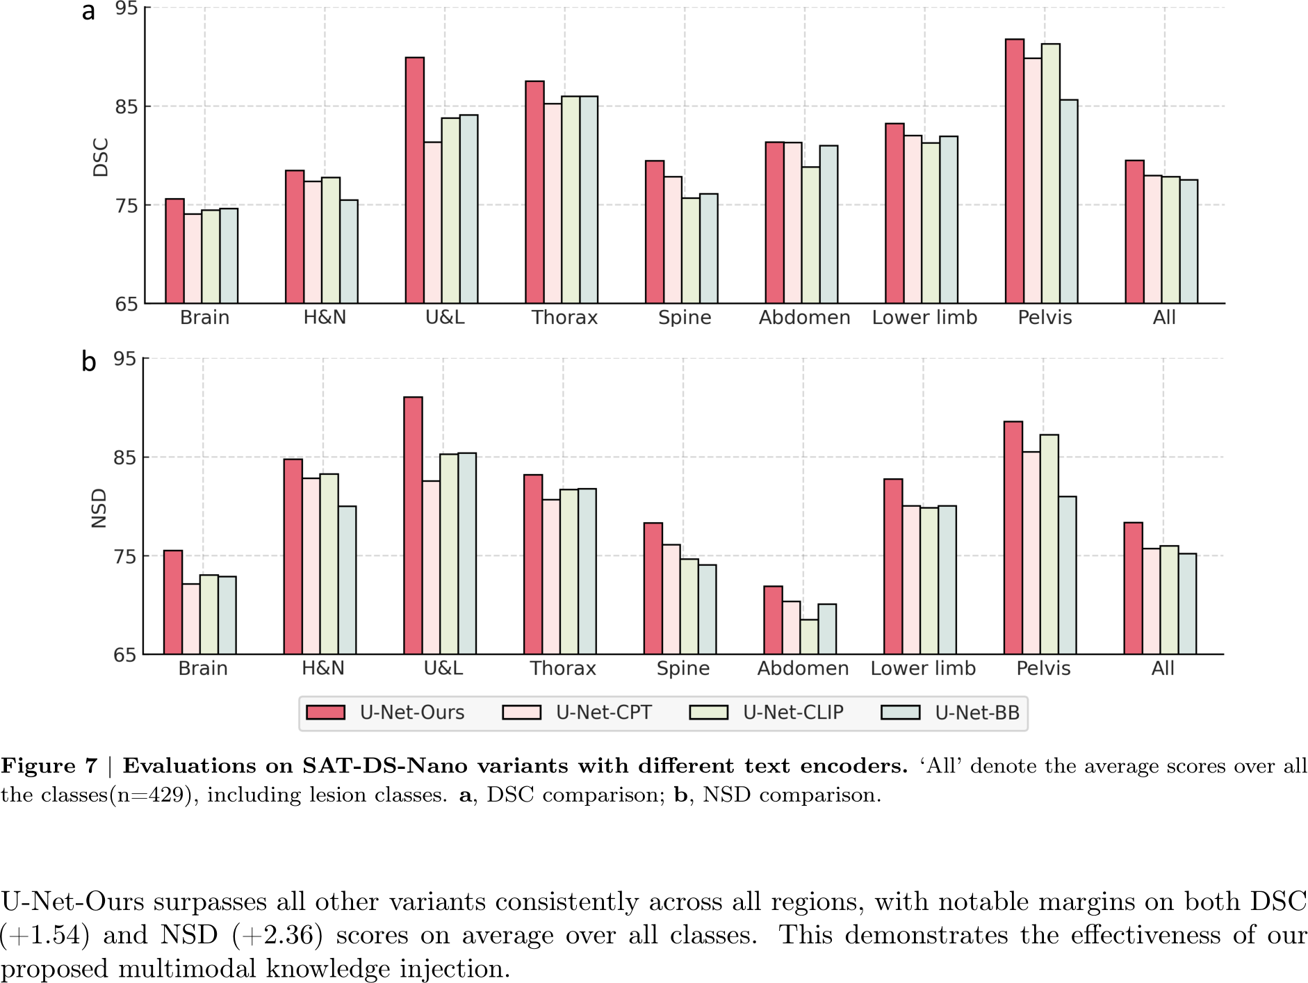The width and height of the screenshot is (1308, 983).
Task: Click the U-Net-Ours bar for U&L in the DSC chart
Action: tap(415, 181)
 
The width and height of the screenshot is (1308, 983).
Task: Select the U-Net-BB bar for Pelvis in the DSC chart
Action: tap(1069, 202)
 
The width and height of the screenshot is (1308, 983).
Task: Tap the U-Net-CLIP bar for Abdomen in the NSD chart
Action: tap(809, 637)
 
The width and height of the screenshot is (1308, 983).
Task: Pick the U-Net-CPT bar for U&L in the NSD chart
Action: tap(431, 567)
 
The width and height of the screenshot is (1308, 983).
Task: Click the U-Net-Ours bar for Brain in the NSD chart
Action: tap(173, 602)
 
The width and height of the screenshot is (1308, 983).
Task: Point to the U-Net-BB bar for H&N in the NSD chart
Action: tap(347, 580)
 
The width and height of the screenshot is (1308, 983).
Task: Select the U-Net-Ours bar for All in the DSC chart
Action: tap(1134, 232)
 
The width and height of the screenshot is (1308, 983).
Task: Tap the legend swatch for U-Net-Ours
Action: tap(325, 713)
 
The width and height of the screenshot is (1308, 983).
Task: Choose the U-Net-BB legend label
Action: tap(976, 713)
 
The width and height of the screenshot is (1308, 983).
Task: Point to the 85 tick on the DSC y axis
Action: tap(126, 107)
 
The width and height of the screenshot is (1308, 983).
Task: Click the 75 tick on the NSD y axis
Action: tap(125, 557)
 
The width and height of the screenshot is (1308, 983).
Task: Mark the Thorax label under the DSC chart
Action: tap(564, 318)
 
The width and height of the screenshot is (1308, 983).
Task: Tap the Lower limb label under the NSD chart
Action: tap(923, 669)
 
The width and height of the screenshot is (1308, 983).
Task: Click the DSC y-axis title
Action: tap(101, 157)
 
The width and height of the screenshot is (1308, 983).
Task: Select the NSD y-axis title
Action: tap(99, 508)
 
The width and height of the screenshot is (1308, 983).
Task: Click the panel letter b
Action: tap(88, 361)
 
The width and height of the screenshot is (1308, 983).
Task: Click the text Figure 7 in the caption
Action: tap(49, 766)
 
